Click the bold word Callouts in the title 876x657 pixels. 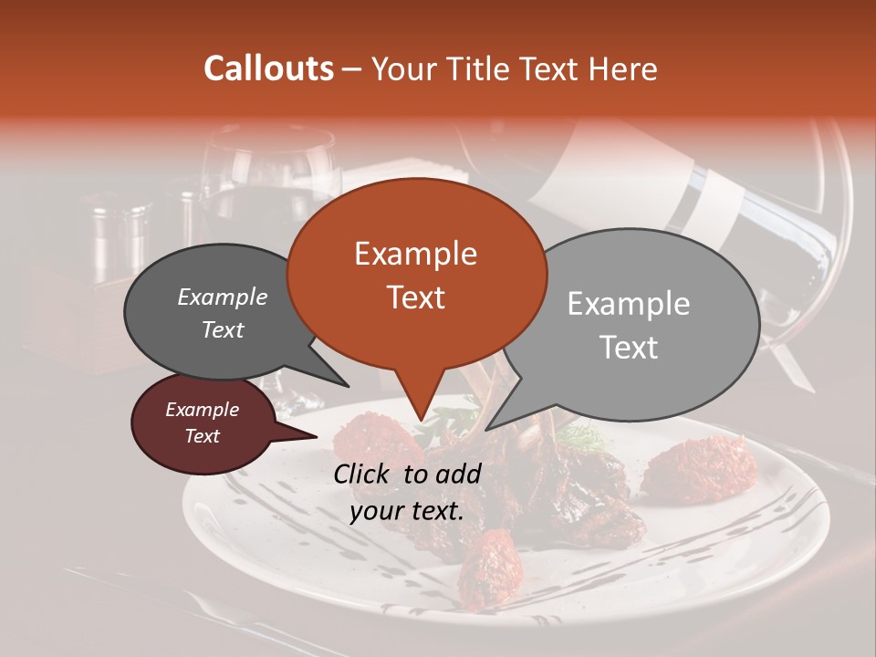click(x=268, y=68)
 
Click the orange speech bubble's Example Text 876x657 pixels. click(x=415, y=275)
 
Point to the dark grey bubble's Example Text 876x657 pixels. click(x=222, y=313)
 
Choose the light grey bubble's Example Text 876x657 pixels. click(x=628, y=325)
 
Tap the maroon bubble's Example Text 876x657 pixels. click(x=202, y=422)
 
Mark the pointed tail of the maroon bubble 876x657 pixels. click(x=306, y=435)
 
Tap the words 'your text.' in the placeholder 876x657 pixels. click(x=406, y=511)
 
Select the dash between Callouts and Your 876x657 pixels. click(x=352, y=68)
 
